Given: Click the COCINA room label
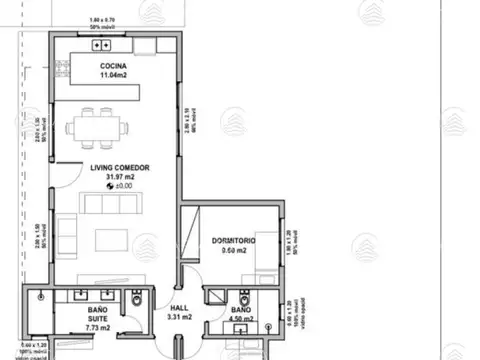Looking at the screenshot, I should pyautogui.click(x=112, y=67).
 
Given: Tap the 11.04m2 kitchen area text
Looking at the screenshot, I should pyautogui.click(x=112, y=76).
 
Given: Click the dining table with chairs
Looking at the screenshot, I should pyautogui.click(x=98, y=128).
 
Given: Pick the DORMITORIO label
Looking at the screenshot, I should pyautogui.click(x=234, y=241).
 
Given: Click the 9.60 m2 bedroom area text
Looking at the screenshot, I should pyautogui.click(x=234, y=251).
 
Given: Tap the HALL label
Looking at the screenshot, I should pyautogui.click(x=179, y=308).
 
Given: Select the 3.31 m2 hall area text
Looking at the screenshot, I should pyautogui.click(x=179, y=318).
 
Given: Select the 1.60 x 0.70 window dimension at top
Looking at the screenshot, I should pyautogui.click(x=103, y=20).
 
